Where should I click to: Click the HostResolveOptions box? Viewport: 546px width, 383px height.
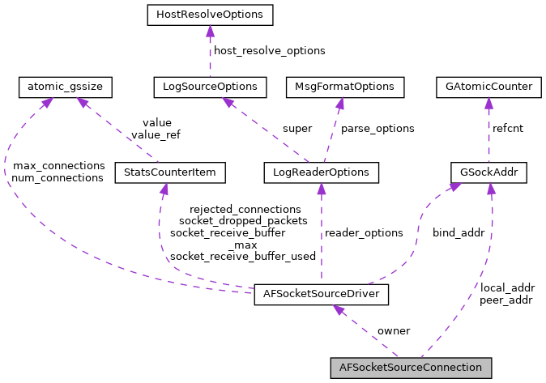point(210,14)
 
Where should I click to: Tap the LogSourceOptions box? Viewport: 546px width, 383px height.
point(210,85)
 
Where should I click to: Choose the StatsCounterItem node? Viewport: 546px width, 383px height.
point(169,172)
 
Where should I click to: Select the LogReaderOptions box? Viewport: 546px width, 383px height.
point(322,172)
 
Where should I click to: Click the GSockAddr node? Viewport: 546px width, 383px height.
point(489,172)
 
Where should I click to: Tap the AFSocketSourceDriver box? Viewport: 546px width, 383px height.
point(322,294)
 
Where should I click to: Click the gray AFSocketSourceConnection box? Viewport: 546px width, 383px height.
point(411,368)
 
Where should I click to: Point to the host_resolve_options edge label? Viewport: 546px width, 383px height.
point(271,50)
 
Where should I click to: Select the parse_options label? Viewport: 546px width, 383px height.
point(378,128)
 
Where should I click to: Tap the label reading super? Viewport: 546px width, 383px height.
point(296,128)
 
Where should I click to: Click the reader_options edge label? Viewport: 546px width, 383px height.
point(364,232)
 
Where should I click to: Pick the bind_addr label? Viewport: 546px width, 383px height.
point(458,232)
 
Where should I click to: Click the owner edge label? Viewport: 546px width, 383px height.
point(394,330)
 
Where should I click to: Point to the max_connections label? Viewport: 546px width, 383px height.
point(58,165)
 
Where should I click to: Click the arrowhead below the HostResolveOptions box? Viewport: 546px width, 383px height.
point(210,29)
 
